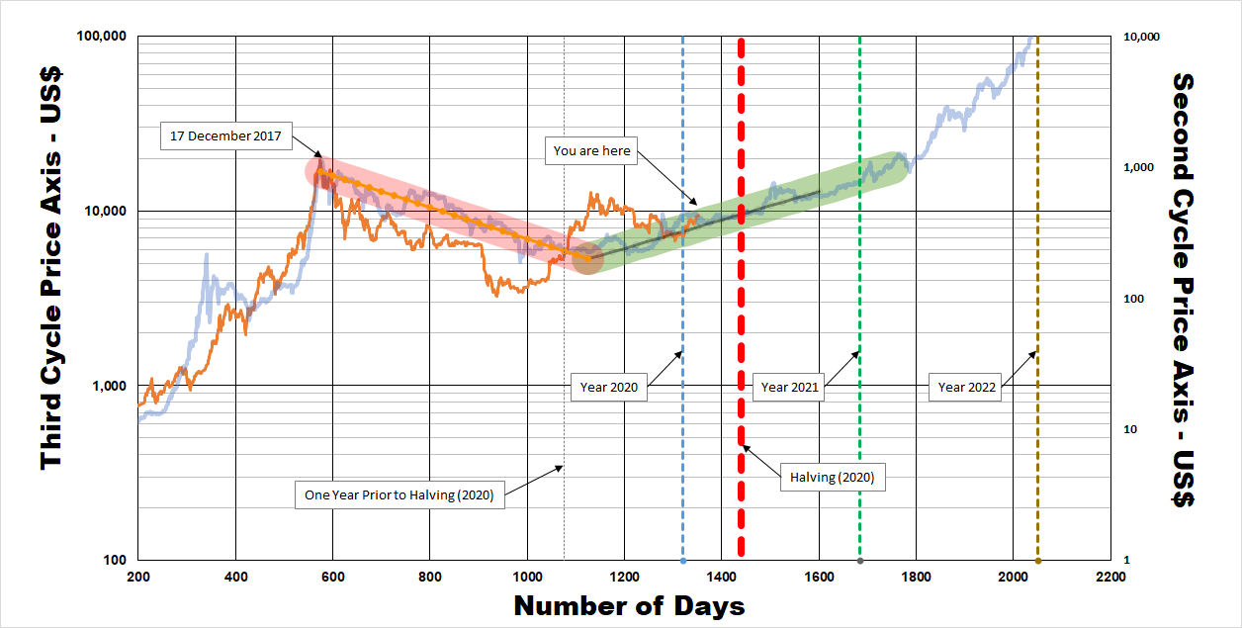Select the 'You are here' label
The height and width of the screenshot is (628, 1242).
click(x=591, y=151)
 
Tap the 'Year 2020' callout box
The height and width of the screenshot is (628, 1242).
click(x=608, y=388)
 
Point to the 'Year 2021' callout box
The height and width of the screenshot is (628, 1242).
click(x=790, y=388)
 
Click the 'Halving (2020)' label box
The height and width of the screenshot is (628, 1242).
click(x=833, y=478)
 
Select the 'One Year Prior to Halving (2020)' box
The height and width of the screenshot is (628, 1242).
click(x=399, y=494)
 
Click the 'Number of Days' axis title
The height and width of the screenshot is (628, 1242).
click(x=629, y=606)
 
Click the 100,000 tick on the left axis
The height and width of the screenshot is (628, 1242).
click(x=102, y=38)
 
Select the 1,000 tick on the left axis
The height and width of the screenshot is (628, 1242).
click(x=110, y=386)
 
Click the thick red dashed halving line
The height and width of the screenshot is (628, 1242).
click(x=741, y=297)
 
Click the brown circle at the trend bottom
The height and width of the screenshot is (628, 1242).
click(x=587, y=258)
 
